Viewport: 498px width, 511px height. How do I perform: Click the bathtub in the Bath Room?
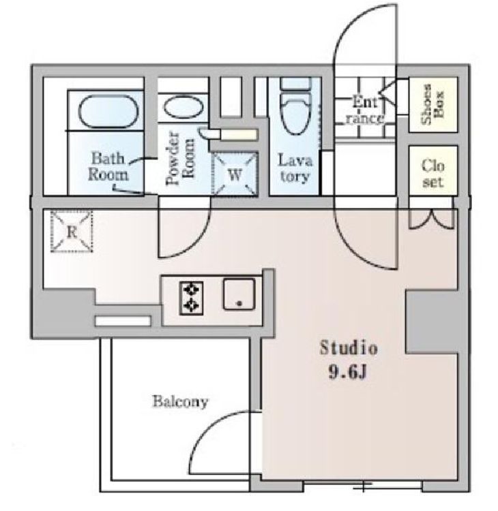click(x=107, y=112)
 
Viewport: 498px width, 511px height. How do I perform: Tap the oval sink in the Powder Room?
click(x=183, y=106)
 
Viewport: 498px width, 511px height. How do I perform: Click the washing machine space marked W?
click(x=234, y=174)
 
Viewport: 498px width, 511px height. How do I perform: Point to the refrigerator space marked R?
click(x=72, y=232)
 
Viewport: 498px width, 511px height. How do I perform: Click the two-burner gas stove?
click(x=191, y=298)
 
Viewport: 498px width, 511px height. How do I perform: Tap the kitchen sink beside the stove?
click(x=239, y=294)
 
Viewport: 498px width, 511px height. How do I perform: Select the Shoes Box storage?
click(x=433, y=105)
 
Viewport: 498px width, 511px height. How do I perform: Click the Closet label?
click(x=433, y=173)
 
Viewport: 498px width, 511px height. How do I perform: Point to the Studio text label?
click(x=349, y=347)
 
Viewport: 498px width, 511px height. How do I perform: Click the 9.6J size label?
click(x=348, y=371)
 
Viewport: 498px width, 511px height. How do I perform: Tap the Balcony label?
click(x=180, y=401)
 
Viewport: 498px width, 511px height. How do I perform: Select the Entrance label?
click(x=364, y=111)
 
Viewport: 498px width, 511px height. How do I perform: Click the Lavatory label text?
click(x=295, y=168)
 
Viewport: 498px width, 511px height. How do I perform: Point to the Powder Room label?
click(x=180, y=158)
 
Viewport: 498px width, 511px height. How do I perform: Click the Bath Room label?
click(x=108, y=166)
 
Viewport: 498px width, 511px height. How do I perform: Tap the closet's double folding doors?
click(x=431, y=219)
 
